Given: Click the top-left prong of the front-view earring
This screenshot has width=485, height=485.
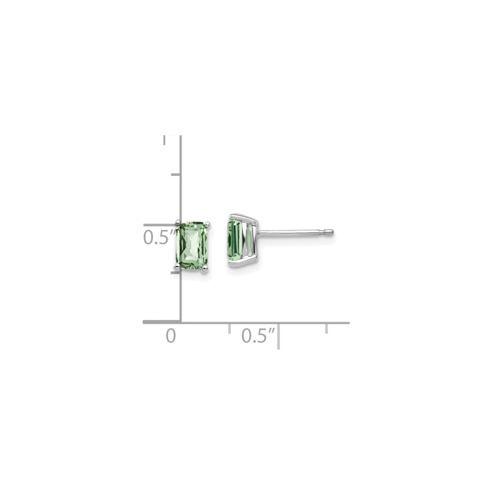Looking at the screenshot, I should pos(178,221).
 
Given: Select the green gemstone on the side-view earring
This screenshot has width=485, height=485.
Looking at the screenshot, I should pos(239,240).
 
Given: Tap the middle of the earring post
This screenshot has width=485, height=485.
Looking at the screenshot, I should pos(294,231).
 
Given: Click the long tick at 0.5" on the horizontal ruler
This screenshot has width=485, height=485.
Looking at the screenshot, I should pos(278,336).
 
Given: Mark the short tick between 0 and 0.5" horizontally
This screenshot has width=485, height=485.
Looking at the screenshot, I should pos(229,328).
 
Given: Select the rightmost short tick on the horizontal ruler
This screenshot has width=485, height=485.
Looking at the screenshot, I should pos(327,328).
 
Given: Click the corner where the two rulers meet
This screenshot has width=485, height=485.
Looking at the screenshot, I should pos(181,322).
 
